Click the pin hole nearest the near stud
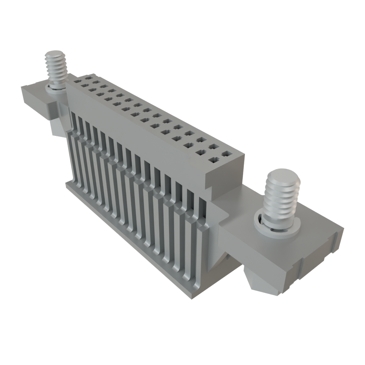pyautogui.click(x=226, y=154)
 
